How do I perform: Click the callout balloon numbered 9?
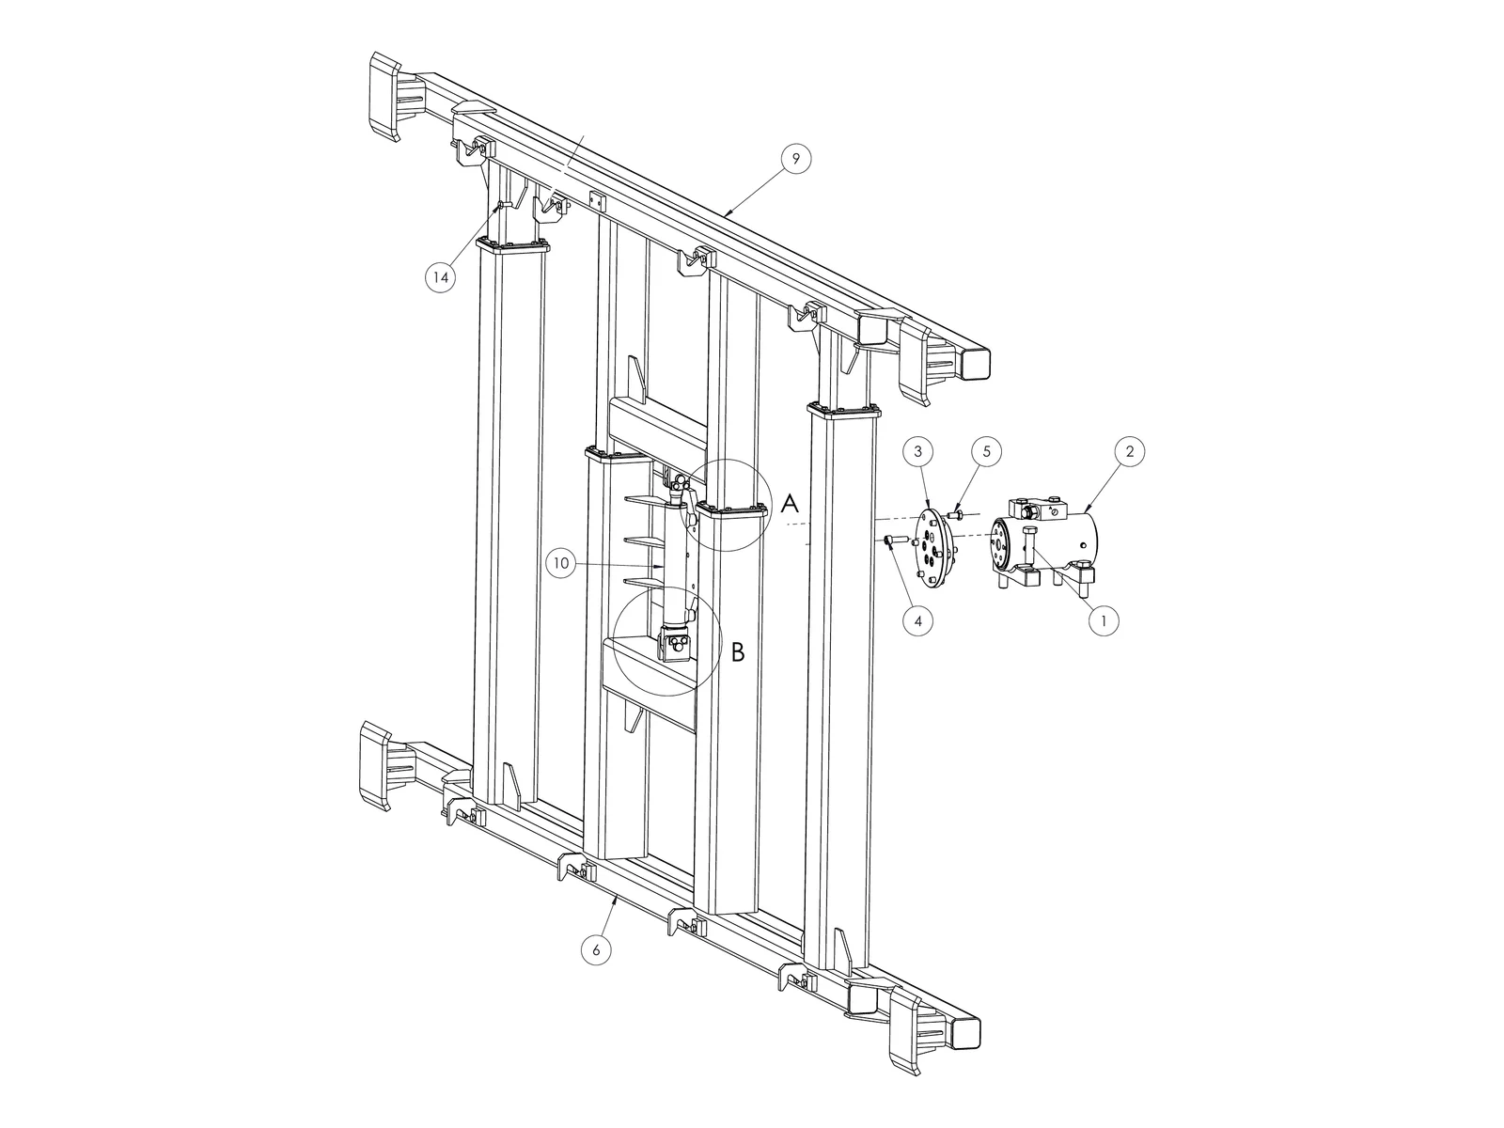[795, 159]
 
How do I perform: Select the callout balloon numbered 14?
[440, 277]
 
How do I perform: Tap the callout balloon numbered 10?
[561, 564]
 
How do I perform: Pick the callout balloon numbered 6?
[595, 950]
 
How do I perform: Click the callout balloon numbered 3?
[918, 451]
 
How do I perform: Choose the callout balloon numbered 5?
[987, 451]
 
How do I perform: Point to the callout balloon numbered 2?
[1129, 451]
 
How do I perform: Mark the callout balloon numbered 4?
[918, 621]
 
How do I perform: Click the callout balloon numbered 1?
[1104, 621]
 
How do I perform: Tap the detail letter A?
[790, 504]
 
